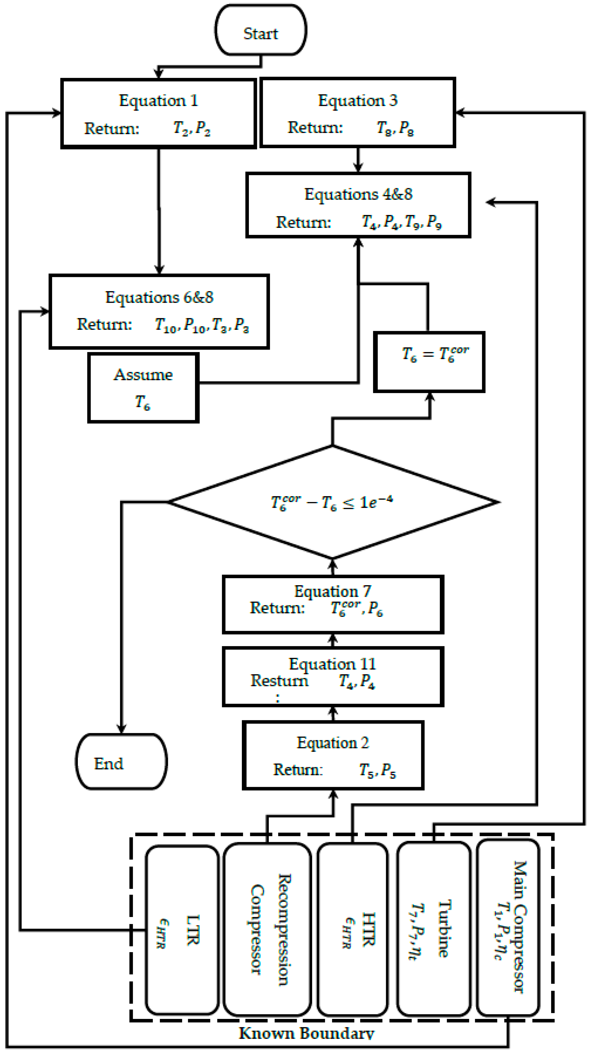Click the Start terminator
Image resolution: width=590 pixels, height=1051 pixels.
click(261, 31)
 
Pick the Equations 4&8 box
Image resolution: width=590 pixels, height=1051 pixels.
click(358, 205)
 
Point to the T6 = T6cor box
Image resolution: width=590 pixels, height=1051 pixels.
click(429, 362)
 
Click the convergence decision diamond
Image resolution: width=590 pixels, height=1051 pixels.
click(333, 502)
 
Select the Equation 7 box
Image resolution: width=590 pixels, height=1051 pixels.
click(333, 604)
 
